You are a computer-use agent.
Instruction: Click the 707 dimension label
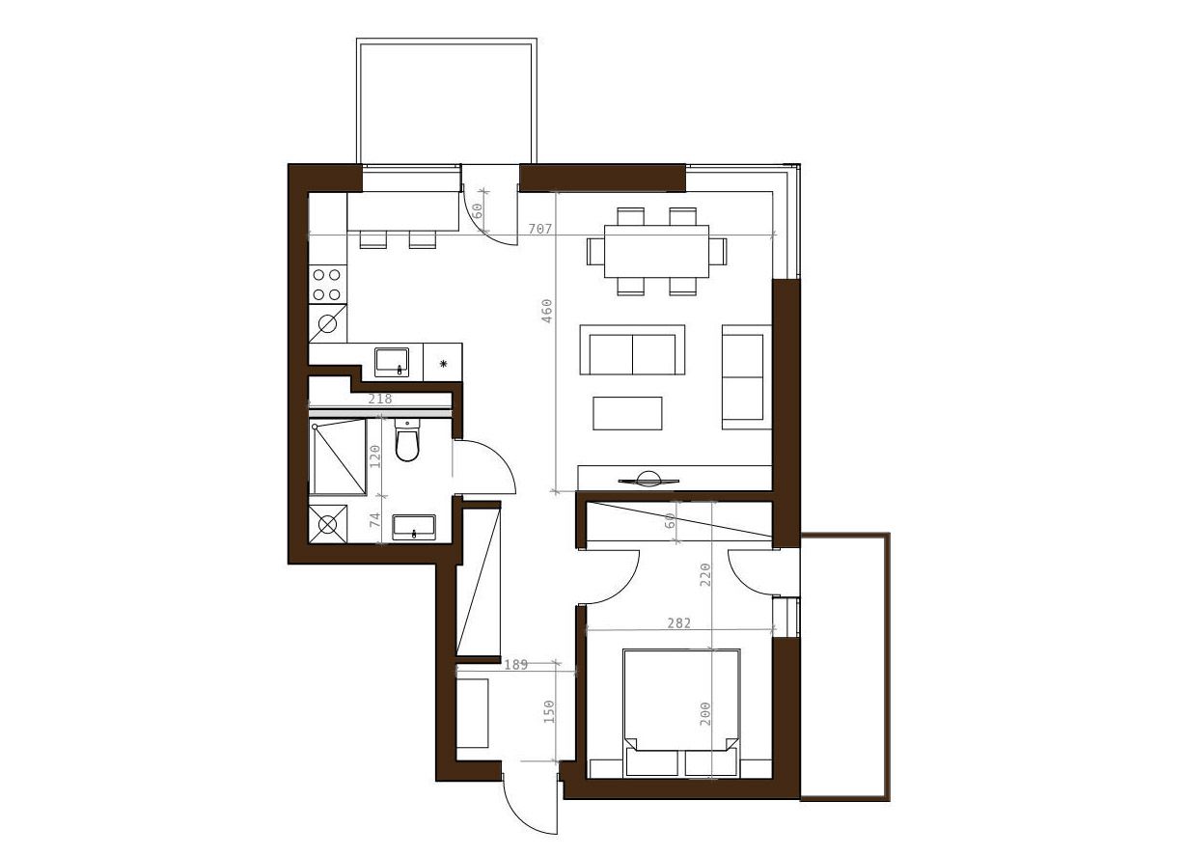pos(540,229)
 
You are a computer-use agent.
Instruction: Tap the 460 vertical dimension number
pos(546,311)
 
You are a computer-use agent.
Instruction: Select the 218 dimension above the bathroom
pos(380,399)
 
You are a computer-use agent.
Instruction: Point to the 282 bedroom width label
pos(678,623)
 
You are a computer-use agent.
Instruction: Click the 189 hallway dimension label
pos(516,665)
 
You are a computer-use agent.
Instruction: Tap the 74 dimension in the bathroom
pos(375,519)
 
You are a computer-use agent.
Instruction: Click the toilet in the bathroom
pos(407,440)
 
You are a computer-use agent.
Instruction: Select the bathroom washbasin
pos(414,528)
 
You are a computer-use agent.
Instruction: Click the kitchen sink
pos(392,362)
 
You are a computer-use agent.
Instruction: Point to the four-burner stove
pos(327,285)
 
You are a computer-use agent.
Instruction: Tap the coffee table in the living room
pos(627,413)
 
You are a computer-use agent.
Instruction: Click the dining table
pos(656,251)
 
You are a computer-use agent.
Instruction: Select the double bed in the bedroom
pos(681,713)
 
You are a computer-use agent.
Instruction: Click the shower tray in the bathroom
pos(338,457)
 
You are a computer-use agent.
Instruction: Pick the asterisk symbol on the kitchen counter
pos(443,364)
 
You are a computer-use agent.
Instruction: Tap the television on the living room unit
pos(648,480)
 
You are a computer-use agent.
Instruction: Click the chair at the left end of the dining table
pos(595,251)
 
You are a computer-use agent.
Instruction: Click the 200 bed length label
pos(704,713)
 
